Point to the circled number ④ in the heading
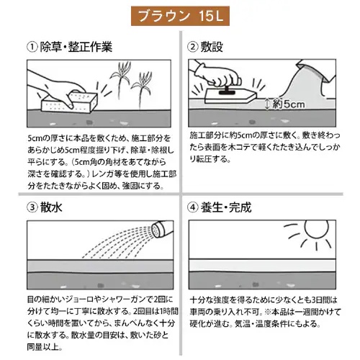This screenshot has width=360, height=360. [x=194, y=208]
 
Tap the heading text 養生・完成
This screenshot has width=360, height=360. [x=228, y=208]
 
